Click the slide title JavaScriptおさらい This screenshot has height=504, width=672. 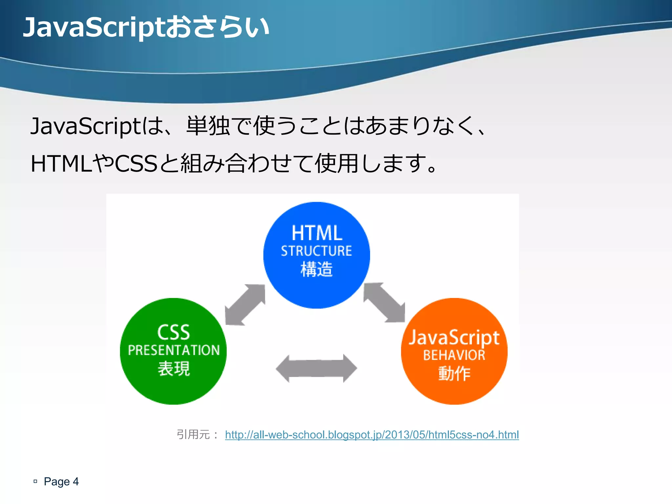click(146, 28)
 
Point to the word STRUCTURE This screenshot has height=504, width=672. click(316, 251)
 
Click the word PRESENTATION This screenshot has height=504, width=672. click(174, 350)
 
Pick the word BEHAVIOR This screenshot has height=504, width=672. click(454, 355)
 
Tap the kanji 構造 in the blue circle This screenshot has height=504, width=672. click(317, 269)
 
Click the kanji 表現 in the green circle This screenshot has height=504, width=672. click(174, 369)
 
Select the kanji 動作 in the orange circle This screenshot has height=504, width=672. click(454, 374)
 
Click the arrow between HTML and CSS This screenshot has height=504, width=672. click(245, 305)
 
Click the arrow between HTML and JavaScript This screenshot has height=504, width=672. click(384, 303)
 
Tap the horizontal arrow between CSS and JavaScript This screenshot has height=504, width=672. click(316, 368)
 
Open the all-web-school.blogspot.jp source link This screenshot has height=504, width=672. click(372, 435)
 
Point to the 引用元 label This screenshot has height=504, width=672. click(193, 435)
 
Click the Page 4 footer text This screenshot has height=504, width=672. click(61, 481)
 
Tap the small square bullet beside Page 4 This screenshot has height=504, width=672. click(35, 481)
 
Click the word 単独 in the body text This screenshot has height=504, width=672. click(208, 126)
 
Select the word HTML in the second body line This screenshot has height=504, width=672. click(61, 164)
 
